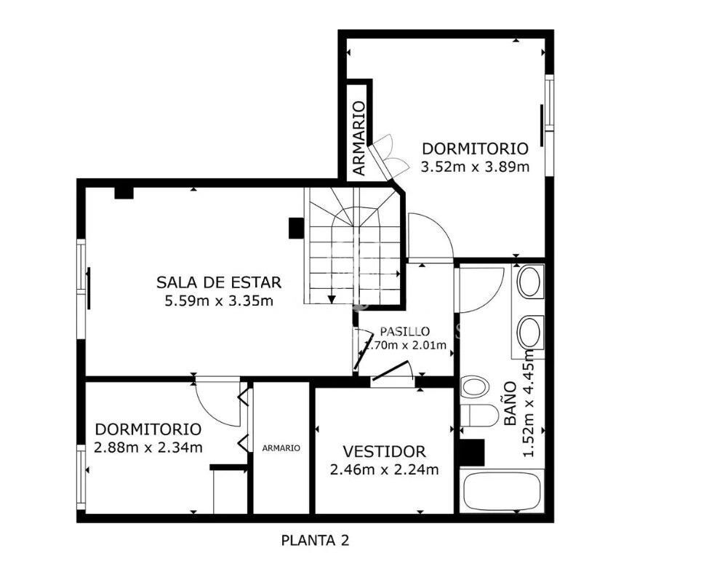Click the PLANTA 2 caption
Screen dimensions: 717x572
tap(315, 541)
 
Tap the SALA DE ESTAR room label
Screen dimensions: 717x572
tap(219, 282)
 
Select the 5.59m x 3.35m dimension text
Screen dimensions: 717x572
tap(219, 301)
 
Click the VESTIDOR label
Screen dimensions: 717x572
tap(384, 452)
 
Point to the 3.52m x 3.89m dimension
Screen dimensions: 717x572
tap(475, 167)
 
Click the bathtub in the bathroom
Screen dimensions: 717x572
tap(502, 493)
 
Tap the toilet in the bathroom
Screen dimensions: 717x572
tap(478, 416)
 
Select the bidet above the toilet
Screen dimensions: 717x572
tap(474, 386)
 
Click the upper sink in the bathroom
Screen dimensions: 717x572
tap(530, 282)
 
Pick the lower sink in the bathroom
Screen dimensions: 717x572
tap(530, 333)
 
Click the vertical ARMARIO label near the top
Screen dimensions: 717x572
tap(360, 138)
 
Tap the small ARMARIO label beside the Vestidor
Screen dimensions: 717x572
tap(281, 448)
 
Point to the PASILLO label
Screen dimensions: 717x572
tap(405, 331)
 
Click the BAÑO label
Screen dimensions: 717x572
tap(510, 404)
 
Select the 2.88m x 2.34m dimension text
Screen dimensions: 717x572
tap(148, 447)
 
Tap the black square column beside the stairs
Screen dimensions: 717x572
tap(296, 228)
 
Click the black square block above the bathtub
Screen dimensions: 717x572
tap(471, 452)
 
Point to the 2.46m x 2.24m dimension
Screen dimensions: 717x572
tap(384, 469)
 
